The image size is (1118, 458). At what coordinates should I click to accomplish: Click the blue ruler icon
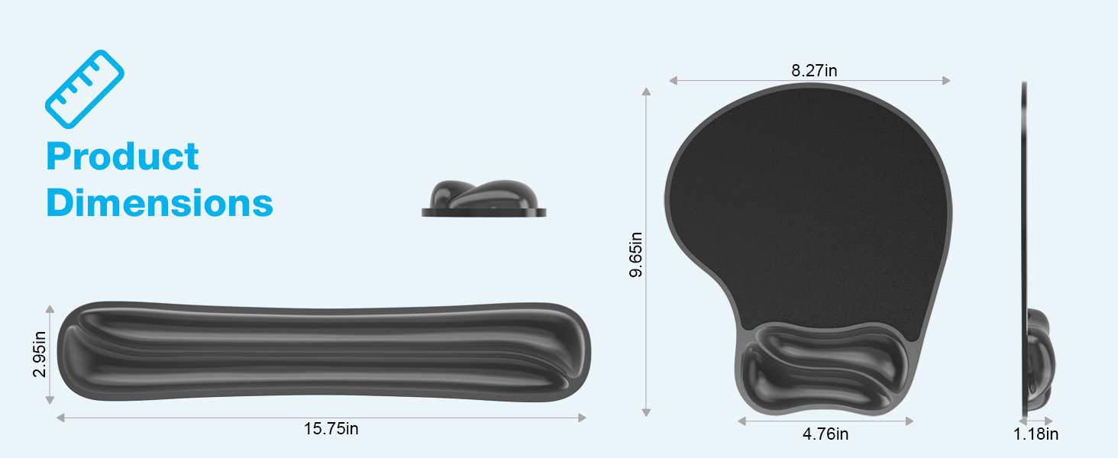tap(85, 89)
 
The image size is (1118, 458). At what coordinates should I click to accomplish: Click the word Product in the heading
tap(122, 156)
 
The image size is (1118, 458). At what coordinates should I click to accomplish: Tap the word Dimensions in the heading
tap(160, 203)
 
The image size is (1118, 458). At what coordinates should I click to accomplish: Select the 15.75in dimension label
tap(331, 429)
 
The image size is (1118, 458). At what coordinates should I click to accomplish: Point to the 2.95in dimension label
tap(39, 354)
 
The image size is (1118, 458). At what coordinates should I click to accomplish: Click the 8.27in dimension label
tap(814, 71)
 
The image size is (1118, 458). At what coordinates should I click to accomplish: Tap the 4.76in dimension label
tap(826, 434)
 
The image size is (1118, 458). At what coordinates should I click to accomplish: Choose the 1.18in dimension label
tap(1036, 434)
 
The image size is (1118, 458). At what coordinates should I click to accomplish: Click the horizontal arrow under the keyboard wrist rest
tap(321, 418)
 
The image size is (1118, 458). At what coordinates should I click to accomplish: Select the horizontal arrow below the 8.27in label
tap(809, 80)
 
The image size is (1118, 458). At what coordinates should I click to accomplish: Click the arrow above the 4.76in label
tap(826, 421)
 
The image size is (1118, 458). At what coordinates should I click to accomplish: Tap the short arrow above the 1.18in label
tap(1037, 421)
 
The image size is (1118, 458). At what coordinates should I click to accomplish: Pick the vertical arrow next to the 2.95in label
tap(50, 354)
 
